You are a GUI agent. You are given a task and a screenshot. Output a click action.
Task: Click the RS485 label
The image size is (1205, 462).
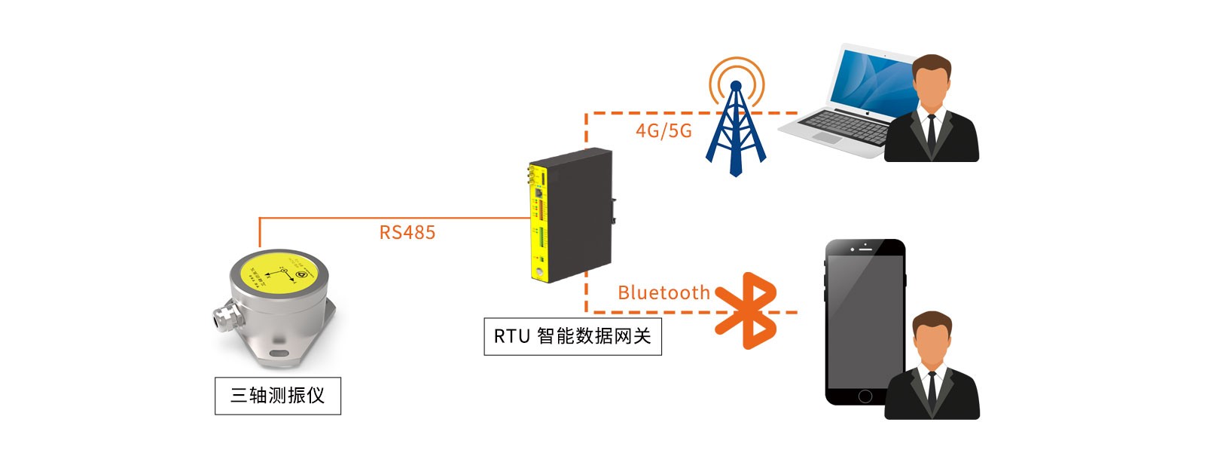click(x=407, y=232)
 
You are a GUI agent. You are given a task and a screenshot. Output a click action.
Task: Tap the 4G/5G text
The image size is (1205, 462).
click(x=663, y=131)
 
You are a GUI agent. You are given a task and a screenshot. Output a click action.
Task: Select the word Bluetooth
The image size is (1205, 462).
click(x=664, y=292)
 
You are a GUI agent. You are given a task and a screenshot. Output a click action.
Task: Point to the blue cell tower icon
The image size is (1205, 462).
click(x=736, y=124)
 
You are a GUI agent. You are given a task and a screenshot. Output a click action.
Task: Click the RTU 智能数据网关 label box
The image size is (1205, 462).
click(x=572, y=336)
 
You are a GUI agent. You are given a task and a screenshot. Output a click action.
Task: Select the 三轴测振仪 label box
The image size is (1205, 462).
click(x=277, y=396)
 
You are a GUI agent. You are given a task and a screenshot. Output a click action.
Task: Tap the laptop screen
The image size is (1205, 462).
click(x=874, y=79)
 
